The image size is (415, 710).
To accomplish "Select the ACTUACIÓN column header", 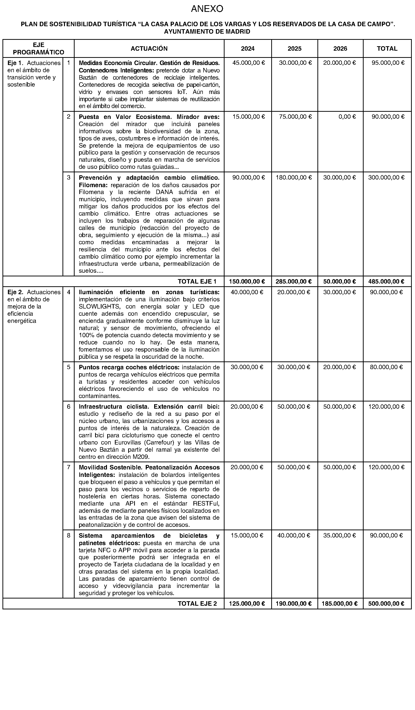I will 149,49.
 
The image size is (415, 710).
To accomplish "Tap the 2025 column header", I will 294,49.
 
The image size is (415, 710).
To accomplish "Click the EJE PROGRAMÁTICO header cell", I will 39,49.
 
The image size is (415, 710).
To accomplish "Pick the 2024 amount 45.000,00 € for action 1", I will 249,63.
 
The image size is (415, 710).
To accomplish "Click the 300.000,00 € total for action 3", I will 386,177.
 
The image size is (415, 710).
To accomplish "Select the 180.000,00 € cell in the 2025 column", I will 294,177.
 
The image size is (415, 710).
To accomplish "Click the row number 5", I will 69,367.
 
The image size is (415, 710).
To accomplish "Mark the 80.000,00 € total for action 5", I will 386,367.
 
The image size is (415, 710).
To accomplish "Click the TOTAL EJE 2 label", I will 197,603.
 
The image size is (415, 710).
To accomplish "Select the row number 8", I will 69,535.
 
